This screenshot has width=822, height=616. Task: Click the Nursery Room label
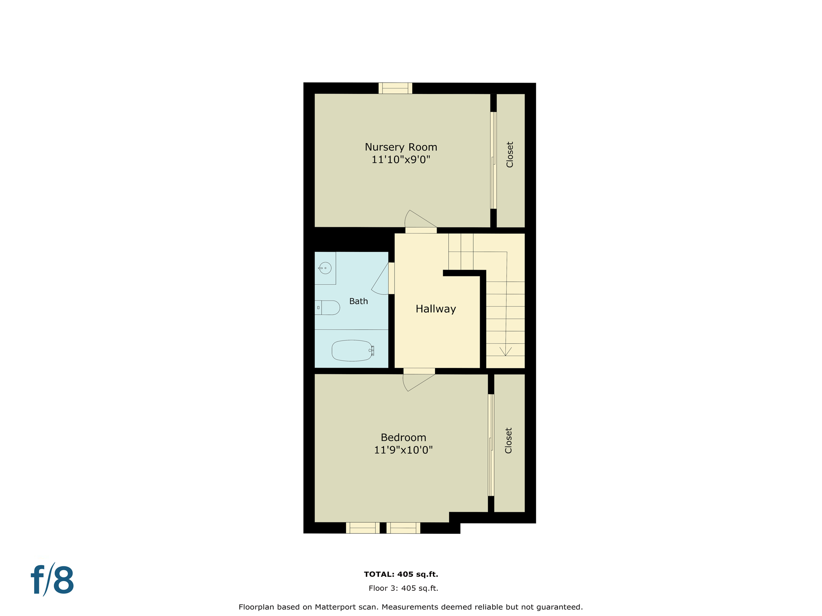401,147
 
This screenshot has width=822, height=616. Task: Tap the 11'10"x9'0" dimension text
401,160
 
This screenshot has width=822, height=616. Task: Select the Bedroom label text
403,437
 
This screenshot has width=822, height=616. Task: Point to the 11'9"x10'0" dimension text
403,450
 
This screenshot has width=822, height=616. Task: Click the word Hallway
435,309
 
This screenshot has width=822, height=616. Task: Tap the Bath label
358,301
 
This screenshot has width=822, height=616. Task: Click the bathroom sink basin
326,268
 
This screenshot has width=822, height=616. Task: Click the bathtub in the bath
352,351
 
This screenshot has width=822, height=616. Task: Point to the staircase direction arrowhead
505,352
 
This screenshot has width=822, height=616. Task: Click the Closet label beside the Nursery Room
510,155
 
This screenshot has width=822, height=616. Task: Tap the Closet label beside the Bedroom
509,441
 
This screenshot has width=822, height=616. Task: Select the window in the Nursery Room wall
395,88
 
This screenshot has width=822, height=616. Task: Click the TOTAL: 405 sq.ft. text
401,574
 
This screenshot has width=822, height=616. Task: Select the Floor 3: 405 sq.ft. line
403,588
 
